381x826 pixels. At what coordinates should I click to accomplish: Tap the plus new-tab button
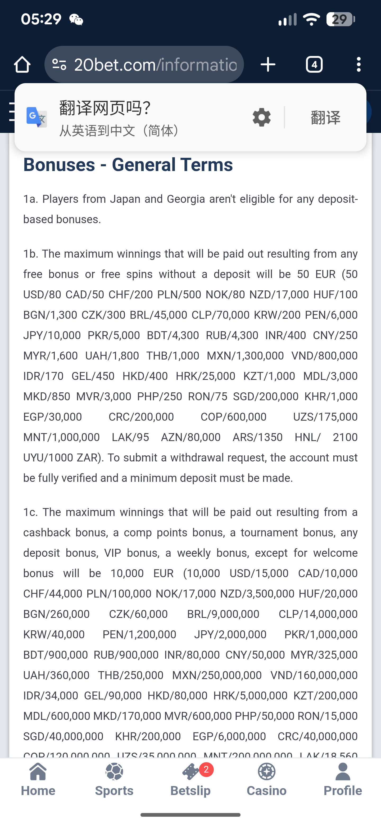tap(268, 64)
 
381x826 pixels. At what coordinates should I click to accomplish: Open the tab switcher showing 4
tap(314, 64)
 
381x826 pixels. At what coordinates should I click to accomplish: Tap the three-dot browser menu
tap(359, 64)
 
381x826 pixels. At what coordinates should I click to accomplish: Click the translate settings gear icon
tap(261, 117)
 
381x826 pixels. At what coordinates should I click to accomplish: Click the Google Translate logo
tap(37, 117)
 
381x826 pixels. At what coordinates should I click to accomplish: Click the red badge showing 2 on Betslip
tap(206, 770)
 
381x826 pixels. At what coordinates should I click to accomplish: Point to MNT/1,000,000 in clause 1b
tap(62, 437)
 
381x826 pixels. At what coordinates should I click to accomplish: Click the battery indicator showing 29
tap(340, 19)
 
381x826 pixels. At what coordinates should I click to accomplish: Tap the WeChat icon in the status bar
tap(76, 20)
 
